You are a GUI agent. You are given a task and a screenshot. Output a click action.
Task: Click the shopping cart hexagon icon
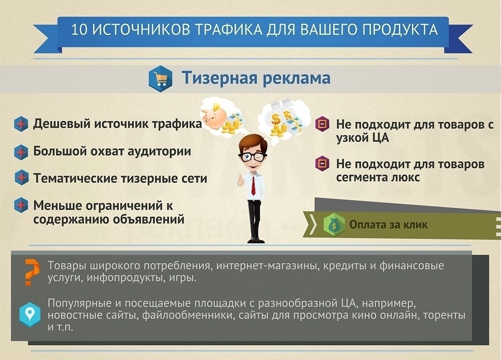[160, 78]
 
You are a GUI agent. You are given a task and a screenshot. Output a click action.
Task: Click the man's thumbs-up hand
[240, 181]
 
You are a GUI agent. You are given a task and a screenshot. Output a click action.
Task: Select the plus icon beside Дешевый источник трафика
[21, 124]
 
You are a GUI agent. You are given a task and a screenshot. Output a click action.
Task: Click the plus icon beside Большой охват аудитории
[21, 152]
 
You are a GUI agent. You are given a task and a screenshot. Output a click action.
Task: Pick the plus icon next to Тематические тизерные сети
[21, 178]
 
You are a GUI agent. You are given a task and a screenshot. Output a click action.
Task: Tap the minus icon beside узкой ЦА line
[322, 124]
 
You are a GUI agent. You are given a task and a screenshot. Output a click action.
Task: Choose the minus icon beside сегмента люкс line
[322, 164]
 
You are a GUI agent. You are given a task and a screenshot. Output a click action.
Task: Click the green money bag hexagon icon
[334, 225]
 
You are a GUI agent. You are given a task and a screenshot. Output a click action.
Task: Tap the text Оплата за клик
[388, 225]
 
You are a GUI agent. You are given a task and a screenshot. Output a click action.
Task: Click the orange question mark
[31, 272]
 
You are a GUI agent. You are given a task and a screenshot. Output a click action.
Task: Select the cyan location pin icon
[30, 314]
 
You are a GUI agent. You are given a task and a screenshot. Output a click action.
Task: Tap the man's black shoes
[256, 240]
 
